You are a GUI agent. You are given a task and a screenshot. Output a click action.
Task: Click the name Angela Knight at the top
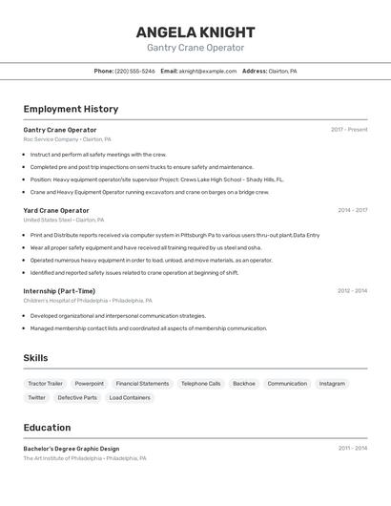[x=195, y=32]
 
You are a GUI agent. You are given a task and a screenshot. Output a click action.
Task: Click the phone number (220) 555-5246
[x=134, y=71]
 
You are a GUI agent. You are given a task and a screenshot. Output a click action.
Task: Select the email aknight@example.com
[x=208, y=71]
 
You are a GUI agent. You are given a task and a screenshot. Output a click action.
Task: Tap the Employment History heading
[x=71, y=109]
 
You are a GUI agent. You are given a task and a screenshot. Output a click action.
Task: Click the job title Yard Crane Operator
[x=56, y=210]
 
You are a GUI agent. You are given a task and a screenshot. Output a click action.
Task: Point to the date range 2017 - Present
[x=349, y=129]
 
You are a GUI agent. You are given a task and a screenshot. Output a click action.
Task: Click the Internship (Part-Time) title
[x=59, y=291]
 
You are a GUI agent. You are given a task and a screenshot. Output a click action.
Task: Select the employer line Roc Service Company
[x=51, y=139]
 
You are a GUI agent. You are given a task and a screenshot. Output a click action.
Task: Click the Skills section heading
[x=35, y=358]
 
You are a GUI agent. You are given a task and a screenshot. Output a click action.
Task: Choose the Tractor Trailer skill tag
[x=45, y=384]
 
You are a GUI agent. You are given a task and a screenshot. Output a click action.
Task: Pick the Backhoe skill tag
[x=244, y=384]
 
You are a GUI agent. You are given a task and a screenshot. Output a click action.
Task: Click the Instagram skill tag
[x=332, y=384]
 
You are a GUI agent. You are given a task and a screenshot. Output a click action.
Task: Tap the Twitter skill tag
[x=36, y=397]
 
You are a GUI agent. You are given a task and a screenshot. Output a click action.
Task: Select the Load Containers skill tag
[x=129, y=397]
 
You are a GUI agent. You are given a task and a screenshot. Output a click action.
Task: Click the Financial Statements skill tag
[x=142, y=384]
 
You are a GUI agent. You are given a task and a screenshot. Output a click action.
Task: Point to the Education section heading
[x=47, y=428]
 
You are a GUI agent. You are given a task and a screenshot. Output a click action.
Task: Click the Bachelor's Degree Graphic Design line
[x=72, y=449]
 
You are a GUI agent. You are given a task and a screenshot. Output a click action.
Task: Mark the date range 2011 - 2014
[x=352, y=448]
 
